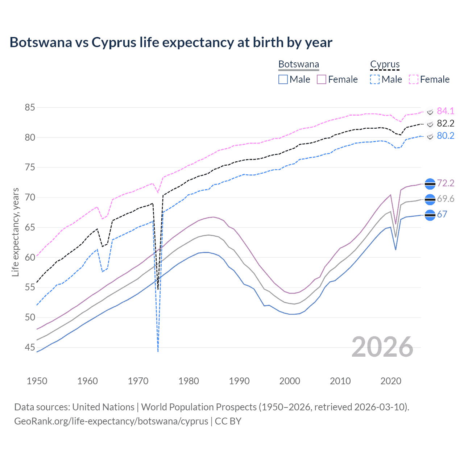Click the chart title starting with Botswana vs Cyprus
point(171,42)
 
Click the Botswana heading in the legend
point(299,65)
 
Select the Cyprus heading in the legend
point(385,65)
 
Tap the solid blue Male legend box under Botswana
point(283,79)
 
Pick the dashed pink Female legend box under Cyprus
point(414,79)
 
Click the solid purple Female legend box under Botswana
point(322,79)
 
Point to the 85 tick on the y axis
point(30,107)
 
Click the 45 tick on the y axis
point(30,347)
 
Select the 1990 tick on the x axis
point(239,381)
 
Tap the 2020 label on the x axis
point(391,381)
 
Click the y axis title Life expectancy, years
point(16,232)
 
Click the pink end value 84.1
point(446,111)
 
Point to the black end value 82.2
point(446,123)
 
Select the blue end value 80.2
point(446,136)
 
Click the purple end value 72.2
point(446,183)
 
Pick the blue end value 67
point(442,214)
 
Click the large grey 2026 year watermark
point(382,347)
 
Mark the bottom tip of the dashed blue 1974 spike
point(158,351)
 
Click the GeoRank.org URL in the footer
point(111,421)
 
